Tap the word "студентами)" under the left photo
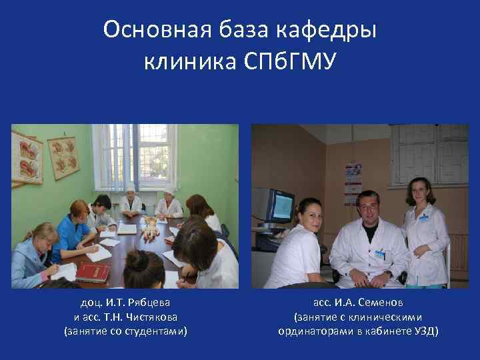click(156, 331)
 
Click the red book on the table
click(92, 272)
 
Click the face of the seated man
click(368, 207)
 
